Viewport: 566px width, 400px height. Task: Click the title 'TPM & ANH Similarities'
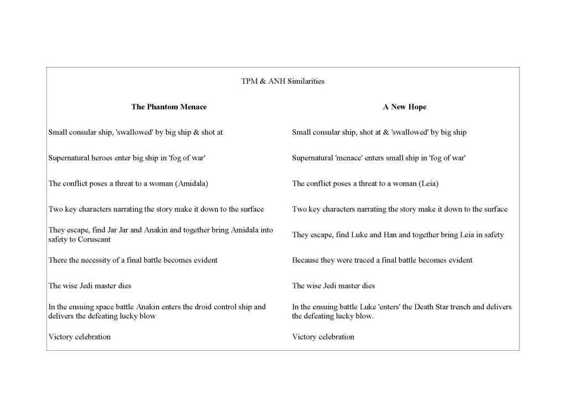(282, 81)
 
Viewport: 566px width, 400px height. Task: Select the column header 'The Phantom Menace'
(169, 107)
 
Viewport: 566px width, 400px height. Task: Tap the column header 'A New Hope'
(404, 107)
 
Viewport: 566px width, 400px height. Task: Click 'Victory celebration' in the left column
(79, 336)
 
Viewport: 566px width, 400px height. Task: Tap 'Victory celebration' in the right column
(323, 336)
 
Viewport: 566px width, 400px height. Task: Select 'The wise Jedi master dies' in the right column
(333, 286)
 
